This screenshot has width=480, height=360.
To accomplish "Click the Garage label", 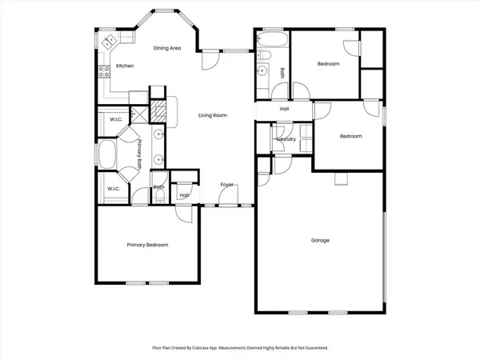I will pos(320,240).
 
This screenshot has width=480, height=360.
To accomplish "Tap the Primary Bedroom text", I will pos(147,245).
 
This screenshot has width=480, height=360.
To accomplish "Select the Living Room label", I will pos(213,116).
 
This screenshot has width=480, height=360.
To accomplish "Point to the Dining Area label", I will pos(167,49).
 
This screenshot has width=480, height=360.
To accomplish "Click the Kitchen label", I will pos(124,66).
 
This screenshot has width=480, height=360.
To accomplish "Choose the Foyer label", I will pos(227,185).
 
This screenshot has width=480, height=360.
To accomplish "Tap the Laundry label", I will pos(286,139).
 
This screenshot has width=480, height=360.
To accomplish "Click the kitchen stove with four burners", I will pos(103,70).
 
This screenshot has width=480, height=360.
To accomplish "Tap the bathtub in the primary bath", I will pos(106,154).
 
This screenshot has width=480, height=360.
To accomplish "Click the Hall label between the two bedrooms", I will pos(284,109).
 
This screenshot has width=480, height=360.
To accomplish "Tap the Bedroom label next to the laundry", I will pos(350,136).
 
